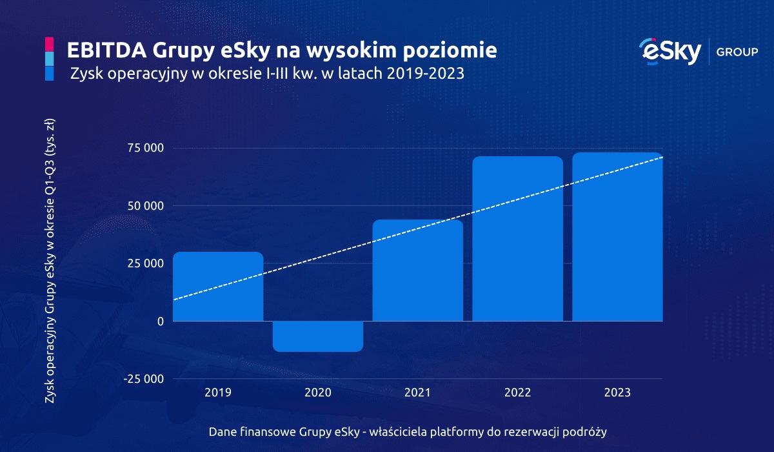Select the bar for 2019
(218, 287)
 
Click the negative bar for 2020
(318, 336)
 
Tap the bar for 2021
(418, 271)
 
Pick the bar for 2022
(517, 239)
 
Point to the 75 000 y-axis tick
(146, 149)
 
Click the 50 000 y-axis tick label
(146, 206)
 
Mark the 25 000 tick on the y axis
(146, 263)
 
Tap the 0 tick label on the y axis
(161, 322)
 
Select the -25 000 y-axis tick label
(144, 379)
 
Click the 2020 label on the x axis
(318, 393)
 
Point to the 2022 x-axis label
(517, 393)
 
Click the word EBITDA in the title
(104, 50)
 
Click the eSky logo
(669, 52)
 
